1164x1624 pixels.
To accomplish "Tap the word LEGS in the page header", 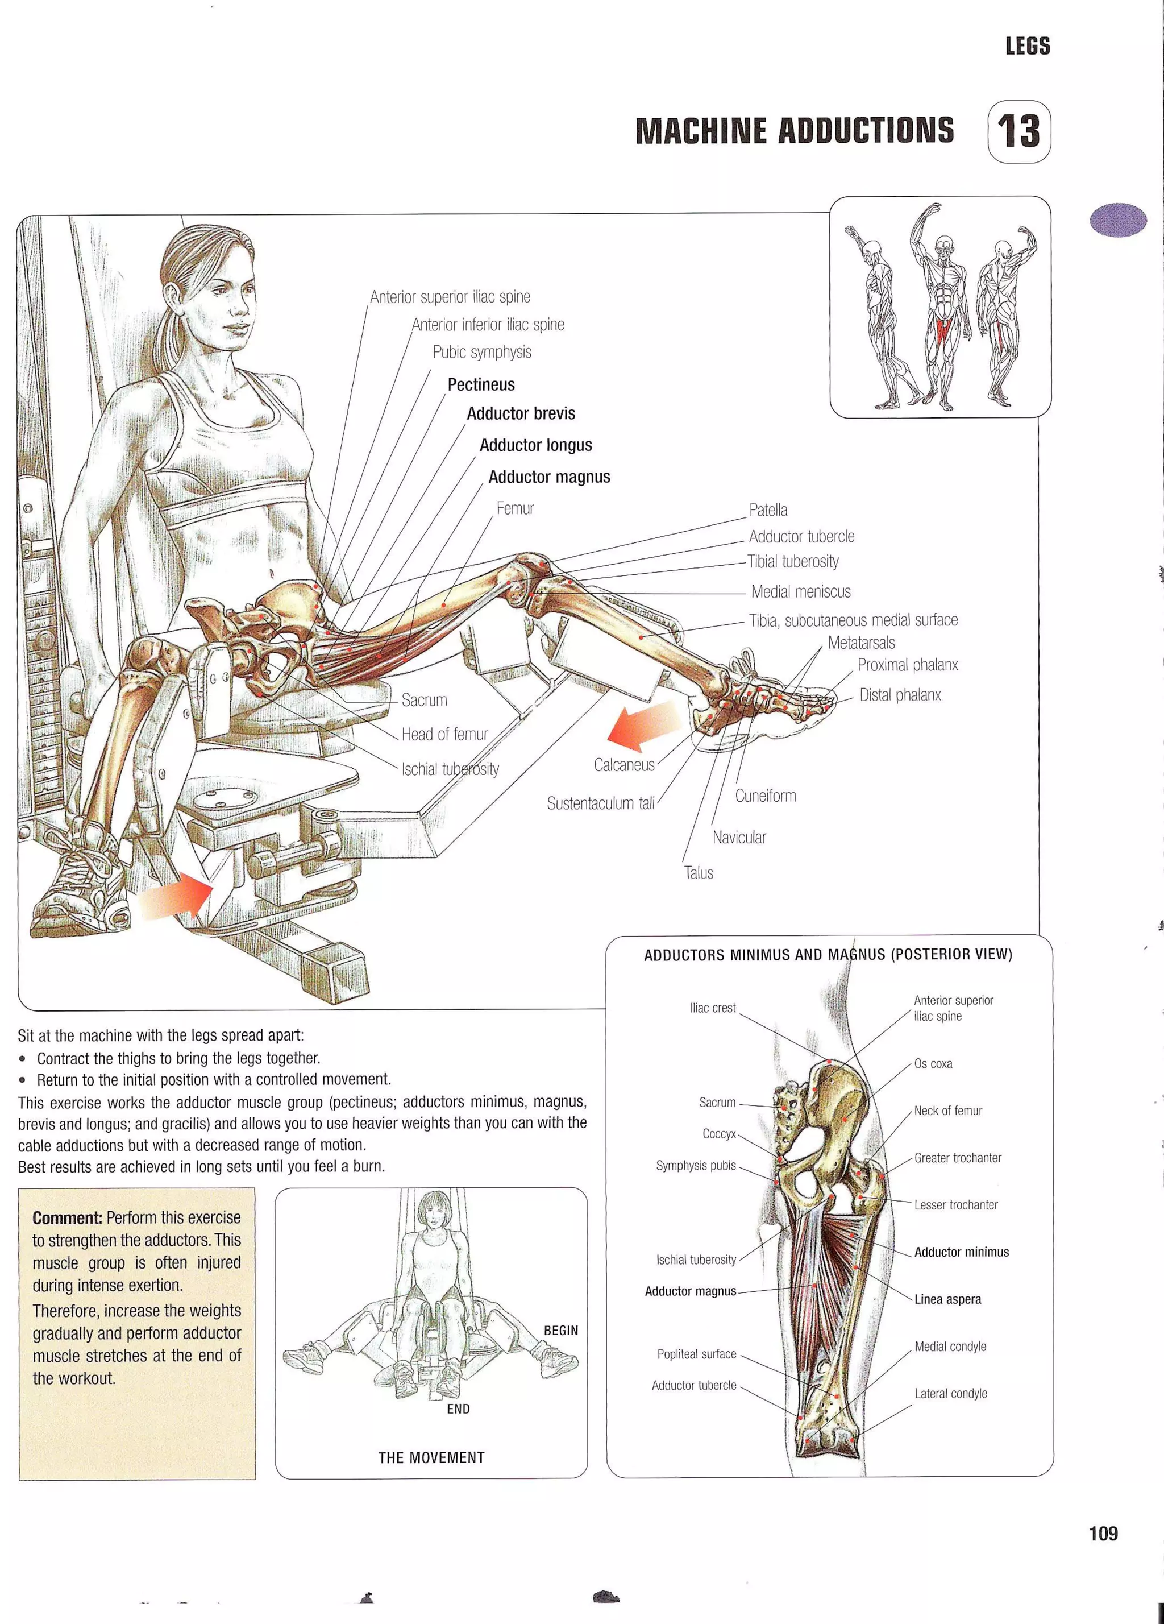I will point(1027,47).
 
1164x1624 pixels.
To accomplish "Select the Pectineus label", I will point(481,384).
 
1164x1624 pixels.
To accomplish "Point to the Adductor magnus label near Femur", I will point(549,477).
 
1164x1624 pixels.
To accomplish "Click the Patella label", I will point(768,510).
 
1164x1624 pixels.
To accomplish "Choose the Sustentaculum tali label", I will point(601,803).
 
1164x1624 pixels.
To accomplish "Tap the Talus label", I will point(699,873).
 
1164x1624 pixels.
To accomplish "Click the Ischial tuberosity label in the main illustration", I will point(450,769).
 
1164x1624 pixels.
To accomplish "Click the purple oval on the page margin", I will point(1118,220).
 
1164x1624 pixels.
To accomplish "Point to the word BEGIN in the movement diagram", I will point(560,1331).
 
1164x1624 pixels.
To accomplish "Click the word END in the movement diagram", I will point(458,1409).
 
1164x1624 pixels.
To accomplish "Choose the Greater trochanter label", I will point(957,1158).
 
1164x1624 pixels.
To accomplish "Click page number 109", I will point(1103,1533).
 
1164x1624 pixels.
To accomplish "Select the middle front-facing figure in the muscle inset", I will point(941,308).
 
